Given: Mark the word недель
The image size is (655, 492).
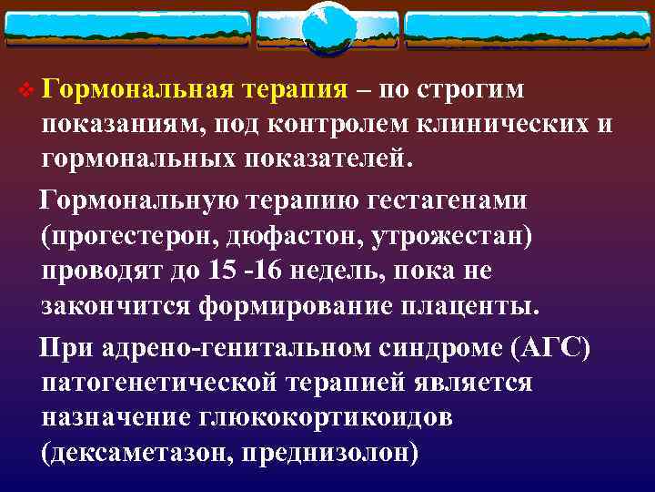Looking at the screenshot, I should (x=341, y=271).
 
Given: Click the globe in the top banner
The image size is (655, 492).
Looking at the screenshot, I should (x=327, y=27).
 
